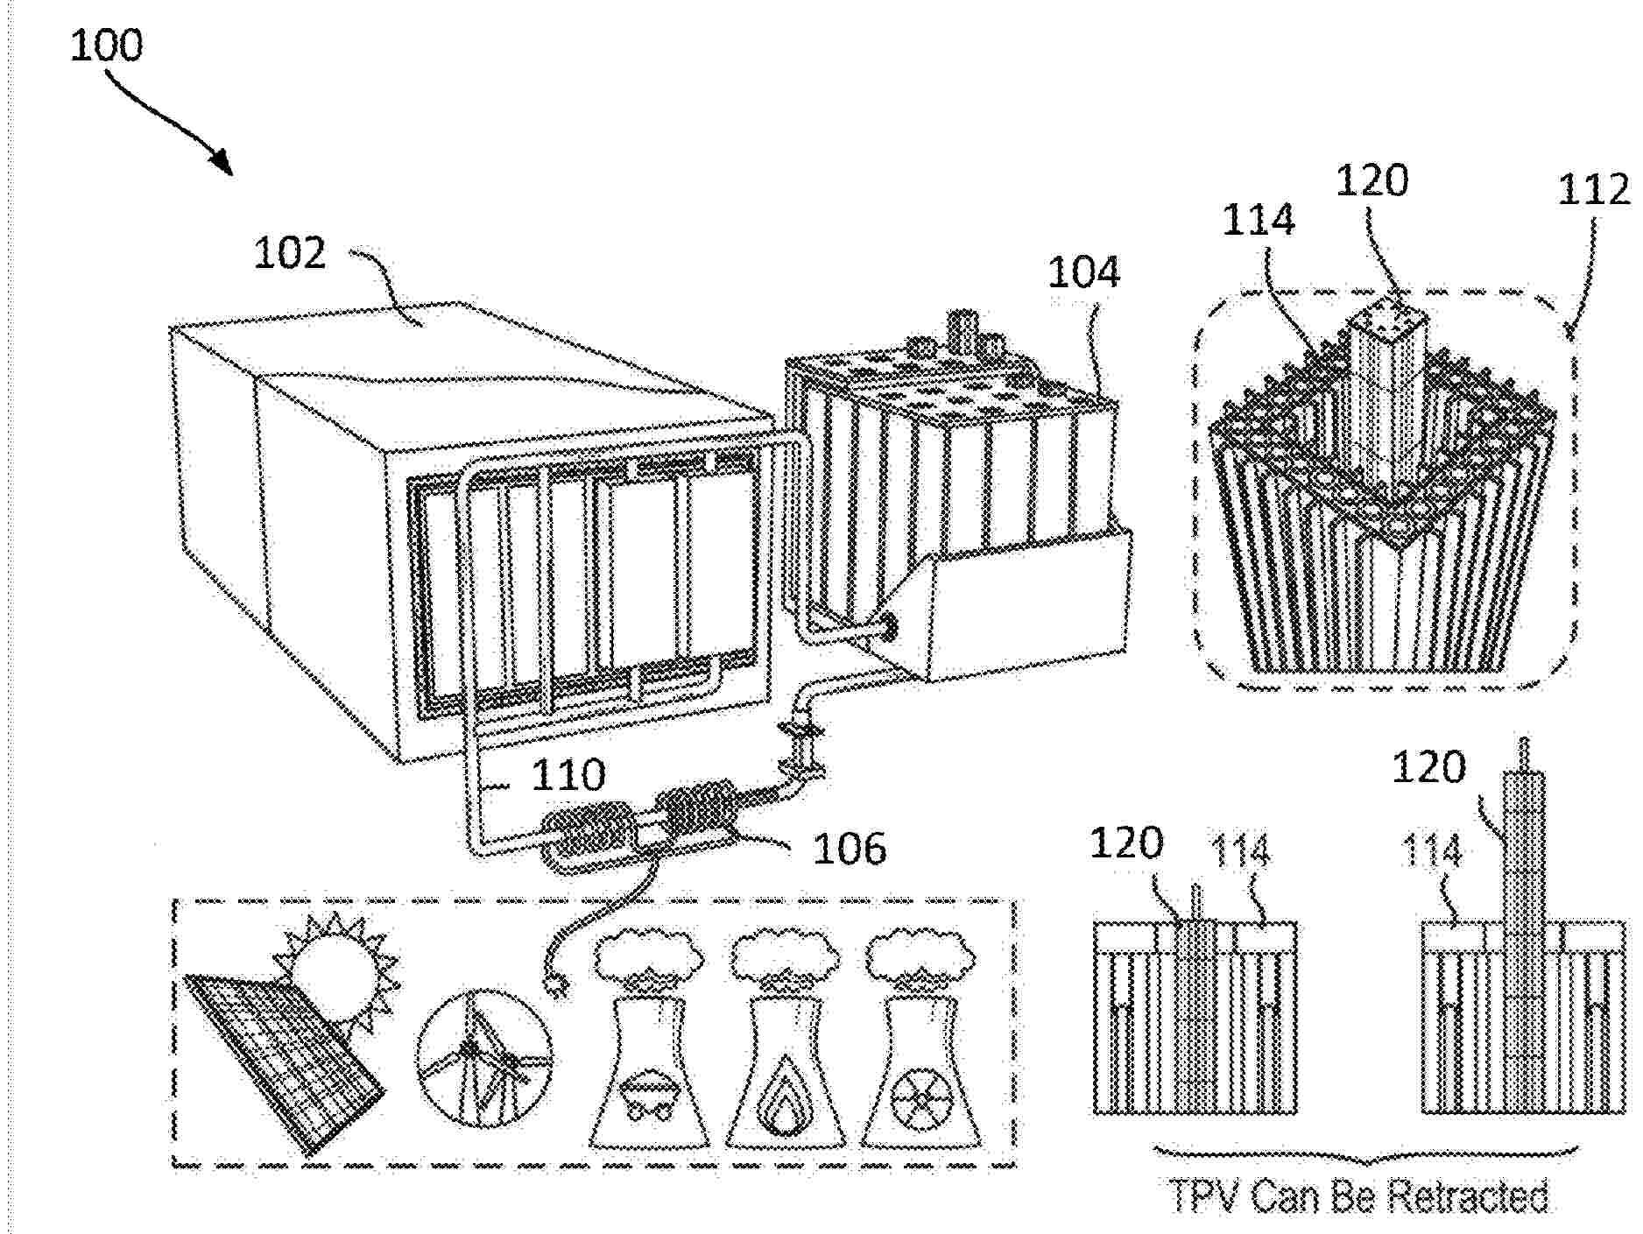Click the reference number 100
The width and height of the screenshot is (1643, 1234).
(106, 46)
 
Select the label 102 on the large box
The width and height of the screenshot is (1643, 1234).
(289, 253)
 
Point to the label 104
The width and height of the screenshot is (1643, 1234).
(1083, 272)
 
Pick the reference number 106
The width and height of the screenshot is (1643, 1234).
(850, 848)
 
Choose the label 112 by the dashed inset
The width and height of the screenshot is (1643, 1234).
(1593, 190)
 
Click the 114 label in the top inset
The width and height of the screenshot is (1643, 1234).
(1258, 220)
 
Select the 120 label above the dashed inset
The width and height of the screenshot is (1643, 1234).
(1372, 180)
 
